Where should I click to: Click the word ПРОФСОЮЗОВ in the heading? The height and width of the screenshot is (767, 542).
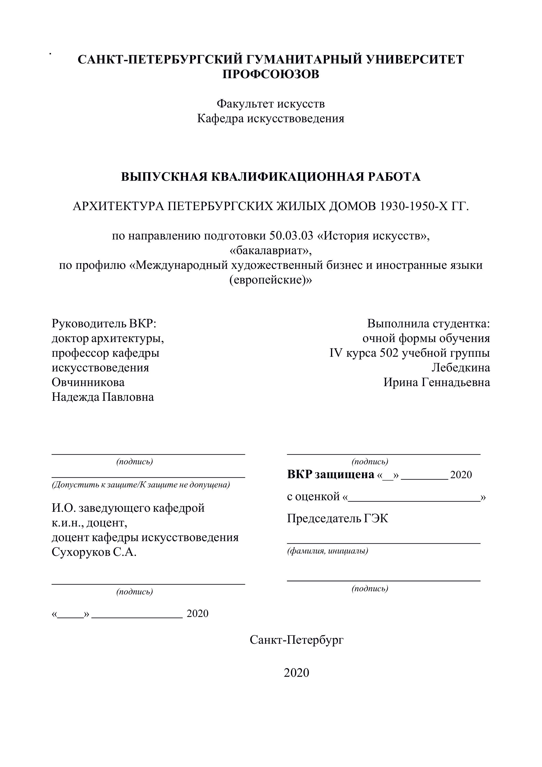(x=271, y=74)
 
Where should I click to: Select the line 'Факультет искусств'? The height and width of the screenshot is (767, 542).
(x=271, y=104)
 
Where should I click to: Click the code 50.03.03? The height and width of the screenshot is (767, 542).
(x=291, y=236)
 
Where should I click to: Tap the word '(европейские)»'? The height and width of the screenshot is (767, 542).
(x=271, y=280)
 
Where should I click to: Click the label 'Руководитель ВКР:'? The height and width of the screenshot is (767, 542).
(x=104, y=323)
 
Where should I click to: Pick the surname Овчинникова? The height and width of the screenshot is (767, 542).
(x=88, y=382)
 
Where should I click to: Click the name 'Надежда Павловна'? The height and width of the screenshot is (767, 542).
(x=103, y=397)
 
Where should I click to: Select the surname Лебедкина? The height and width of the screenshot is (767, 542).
(x=460, y=367)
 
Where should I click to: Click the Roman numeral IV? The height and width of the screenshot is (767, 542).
(x=336, y=353)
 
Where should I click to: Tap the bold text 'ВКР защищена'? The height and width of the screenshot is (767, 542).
(x=330, y=474)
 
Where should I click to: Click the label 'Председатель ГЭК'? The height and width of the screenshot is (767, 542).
(x=338, y=519)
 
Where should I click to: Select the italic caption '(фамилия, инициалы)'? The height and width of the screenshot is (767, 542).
(x=328, y=551)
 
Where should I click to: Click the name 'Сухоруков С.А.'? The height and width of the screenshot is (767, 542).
(x=94, y=552)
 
